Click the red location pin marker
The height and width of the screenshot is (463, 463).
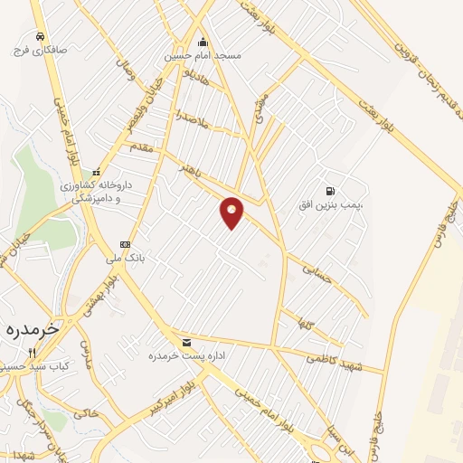pyautogui.click(x=232, y=212)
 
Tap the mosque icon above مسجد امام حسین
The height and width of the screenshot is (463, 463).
pyautogui.click(x=203, y=42)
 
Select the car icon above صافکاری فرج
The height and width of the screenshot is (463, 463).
pyautogui.click(x=40, y=36)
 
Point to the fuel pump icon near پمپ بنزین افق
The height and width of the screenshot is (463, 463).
pyautogui.click(x=330, y=191)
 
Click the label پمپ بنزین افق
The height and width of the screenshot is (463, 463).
pyautogui.click(x=331, y=205)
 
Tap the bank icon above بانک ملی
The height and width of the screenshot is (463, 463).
pyautogui.click(x=125, y=244)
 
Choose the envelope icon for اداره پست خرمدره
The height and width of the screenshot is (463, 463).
pyautogui.click(x=186, y=342)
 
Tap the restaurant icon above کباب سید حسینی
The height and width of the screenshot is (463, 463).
pyautogui.click(x=32, y=353)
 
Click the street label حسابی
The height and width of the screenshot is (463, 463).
pyautogui.click(x=318, y=272)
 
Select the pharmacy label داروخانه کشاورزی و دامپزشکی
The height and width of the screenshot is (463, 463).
pyautogui.click(x=97, y=190)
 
